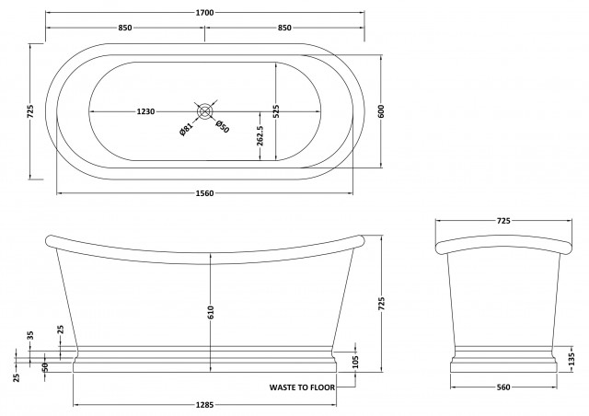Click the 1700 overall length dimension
(204, 13)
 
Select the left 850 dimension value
(125, 28)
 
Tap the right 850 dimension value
(284, 28)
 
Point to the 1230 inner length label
(145, 111)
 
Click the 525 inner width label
(276, 110)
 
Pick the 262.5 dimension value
(260, 135)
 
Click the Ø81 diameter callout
(186, 129)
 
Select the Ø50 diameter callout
(222, 127)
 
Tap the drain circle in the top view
(204, 111)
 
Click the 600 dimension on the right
(381, 111)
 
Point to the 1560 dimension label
(204, 193)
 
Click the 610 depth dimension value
(211, 312)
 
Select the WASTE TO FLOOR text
(302, 387)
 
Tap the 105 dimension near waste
(356, 362)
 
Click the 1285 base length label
(204, 405)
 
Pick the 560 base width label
(503, 387)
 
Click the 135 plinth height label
(572, 359)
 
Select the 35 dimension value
(30, 336)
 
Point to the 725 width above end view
(503, 221)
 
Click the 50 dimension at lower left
(44, 367)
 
